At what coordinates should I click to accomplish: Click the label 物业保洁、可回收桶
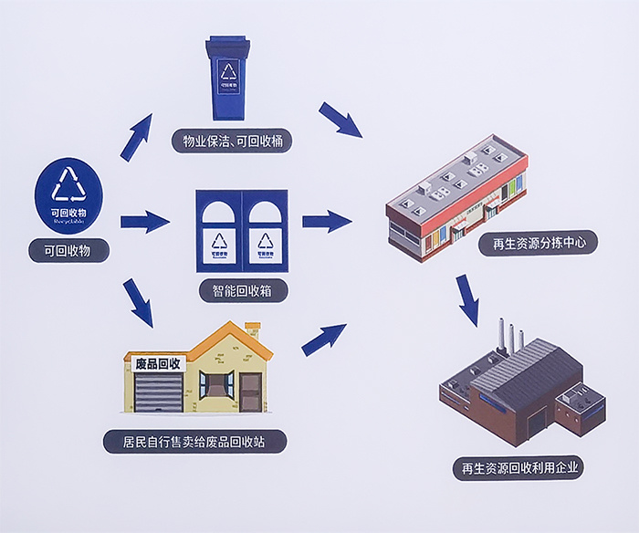point(232,141)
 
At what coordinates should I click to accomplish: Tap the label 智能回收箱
point(243,292)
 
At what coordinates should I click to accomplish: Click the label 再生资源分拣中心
point(539,244)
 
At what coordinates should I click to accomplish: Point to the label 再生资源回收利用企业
point(519,469)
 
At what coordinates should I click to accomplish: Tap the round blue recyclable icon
point(68,193)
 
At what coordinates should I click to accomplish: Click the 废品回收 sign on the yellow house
point(158,363)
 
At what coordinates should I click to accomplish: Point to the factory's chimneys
point(510,335)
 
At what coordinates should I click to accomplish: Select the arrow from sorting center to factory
point(467,300)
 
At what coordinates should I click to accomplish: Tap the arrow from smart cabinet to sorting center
point(327,220)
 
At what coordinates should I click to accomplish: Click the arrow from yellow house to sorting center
point(324,339)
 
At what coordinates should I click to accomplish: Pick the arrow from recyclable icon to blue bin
point(136,138)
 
